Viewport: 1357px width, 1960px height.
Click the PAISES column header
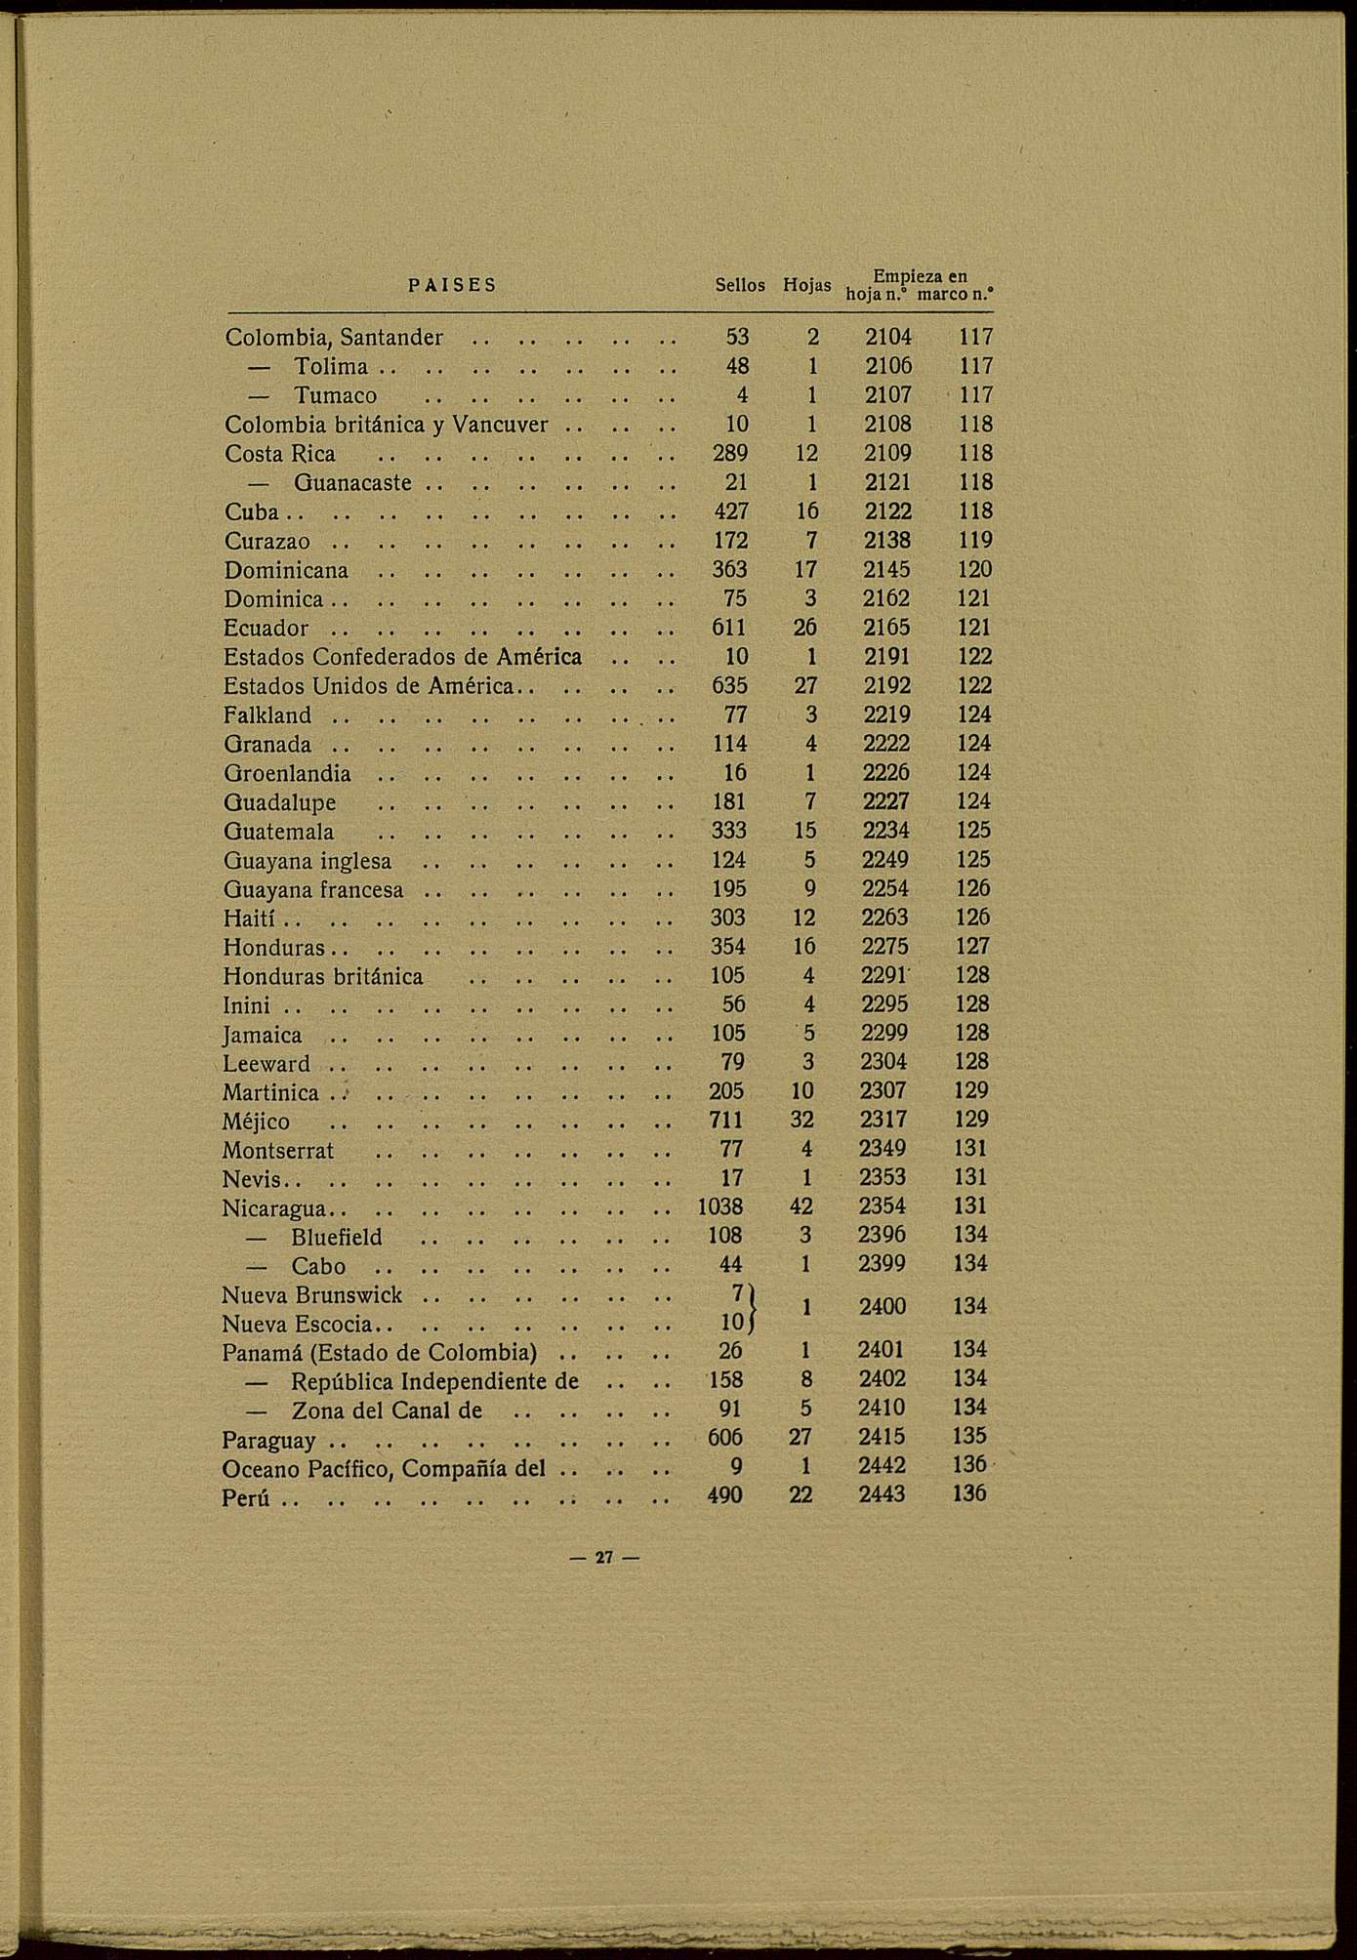point(452,285)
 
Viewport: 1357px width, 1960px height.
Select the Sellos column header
point(740,285)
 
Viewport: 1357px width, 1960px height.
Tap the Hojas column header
point(806,285)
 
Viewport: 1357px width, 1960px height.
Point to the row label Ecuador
point(266,629)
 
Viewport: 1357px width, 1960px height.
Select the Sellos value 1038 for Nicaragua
point(720,1207)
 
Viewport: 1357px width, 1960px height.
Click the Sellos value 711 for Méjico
point(726,1121)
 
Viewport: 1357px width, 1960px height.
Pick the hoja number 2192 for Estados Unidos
point(887,686)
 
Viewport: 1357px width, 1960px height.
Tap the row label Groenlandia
point(287,774)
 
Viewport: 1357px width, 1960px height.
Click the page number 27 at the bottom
point(603,1558)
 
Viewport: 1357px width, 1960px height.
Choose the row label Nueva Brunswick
point(311,1295)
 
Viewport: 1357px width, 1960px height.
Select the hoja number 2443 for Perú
point(882,1494)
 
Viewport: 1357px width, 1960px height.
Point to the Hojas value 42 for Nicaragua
point(802,1207)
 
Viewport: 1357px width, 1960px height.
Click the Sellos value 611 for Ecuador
point(730,629)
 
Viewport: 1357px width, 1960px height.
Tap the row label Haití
point(249,919)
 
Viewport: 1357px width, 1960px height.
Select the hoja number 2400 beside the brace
point(883,1307)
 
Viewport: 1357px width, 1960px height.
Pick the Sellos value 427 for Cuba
point(730,512)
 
